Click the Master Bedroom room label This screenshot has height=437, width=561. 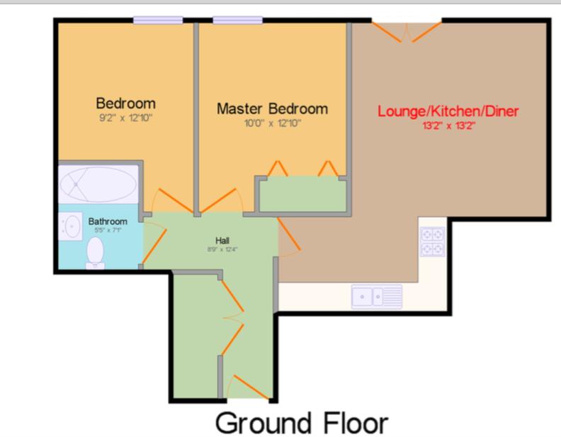click(272, 108)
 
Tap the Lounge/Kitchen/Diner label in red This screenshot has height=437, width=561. click(448, 111)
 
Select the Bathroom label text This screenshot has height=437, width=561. click(108, 222)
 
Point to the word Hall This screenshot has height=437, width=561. click(222, 240)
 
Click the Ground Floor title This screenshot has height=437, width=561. click(302, 423)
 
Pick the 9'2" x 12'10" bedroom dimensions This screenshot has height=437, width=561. click(125, 118)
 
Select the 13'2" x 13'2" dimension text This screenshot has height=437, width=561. click(448, 126)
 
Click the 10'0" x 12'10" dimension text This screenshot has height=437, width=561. click(272, 124)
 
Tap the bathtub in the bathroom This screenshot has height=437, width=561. click(98, 185)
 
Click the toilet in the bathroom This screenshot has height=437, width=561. click(95, 253)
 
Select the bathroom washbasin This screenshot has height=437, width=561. click(71, 227)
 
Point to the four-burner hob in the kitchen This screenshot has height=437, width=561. click(433, 242)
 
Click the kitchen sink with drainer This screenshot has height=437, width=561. click(377, 297)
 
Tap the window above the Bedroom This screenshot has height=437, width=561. click(158, 20)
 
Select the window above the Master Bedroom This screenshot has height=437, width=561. click(237, 20)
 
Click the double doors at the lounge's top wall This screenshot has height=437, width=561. click(407, 32)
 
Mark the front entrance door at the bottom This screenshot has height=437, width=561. click(248, 387)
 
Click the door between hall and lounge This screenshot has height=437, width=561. click(289, 237)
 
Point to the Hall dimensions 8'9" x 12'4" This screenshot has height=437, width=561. click(222, 249)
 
